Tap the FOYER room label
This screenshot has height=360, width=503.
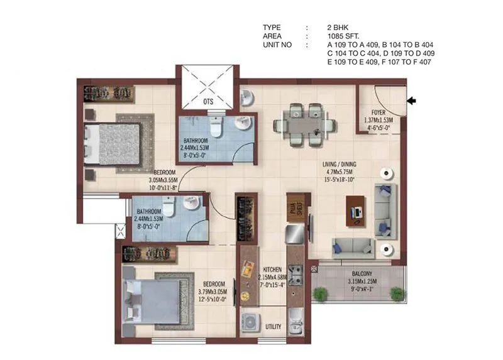[378, 113]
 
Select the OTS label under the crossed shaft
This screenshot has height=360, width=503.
[207, 101]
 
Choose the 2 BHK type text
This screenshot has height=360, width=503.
[337, 28]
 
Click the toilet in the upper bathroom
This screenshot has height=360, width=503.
[215, 128]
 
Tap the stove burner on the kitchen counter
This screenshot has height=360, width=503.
[296, 273]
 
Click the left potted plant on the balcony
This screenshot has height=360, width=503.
[321, 293]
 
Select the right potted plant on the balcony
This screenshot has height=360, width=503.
[396, 293]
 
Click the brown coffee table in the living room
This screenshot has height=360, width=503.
[356, 210]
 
